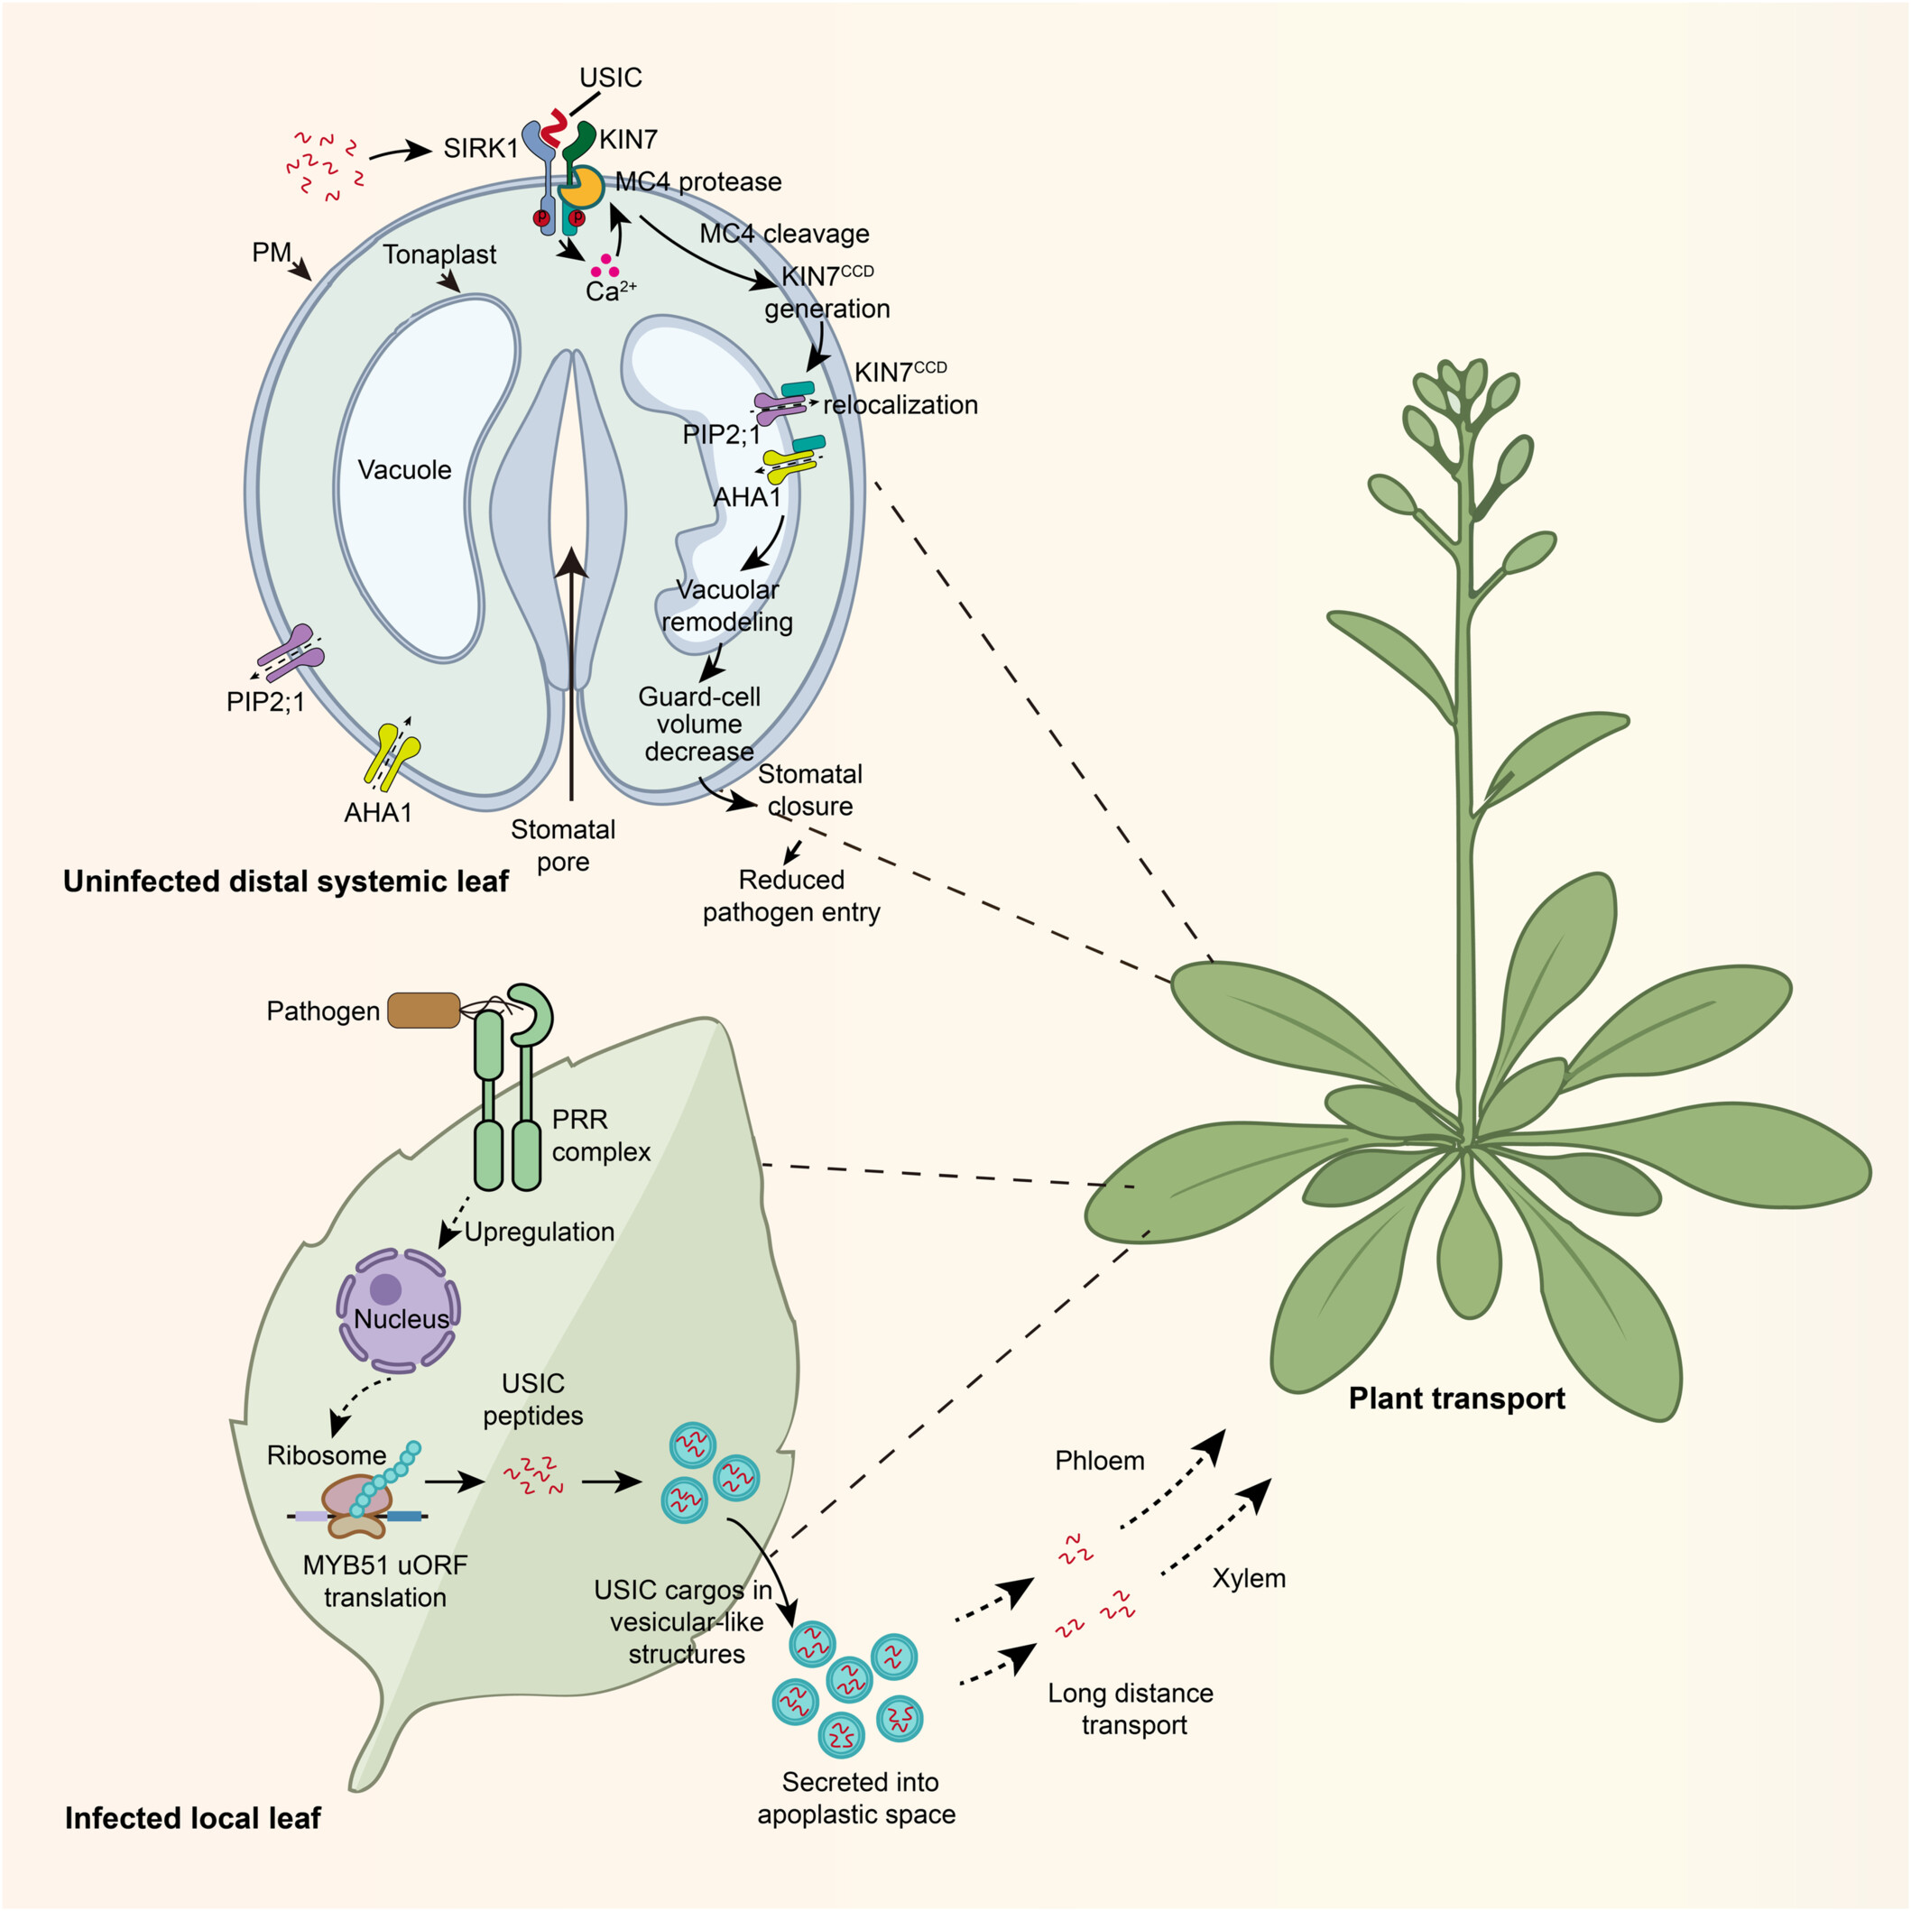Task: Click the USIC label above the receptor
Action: [610, 78]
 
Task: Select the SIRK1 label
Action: [480, 148]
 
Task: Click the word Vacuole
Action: [403, 470]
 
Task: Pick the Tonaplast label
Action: [439, 254]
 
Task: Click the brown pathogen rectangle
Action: [423, 1010]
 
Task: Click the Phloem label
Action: [1099, 1461]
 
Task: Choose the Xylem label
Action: [1248, 1578]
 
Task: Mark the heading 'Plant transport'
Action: [1456, 1399]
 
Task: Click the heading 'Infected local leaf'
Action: [193, 1818]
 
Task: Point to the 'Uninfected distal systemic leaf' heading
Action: [286, 882]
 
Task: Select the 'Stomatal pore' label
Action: [563, 845]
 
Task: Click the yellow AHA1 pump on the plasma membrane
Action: [392, 757]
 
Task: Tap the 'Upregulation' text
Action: [539, 1232]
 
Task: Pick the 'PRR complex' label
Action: [600, 1136]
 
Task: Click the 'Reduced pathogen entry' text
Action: [791, 896]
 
